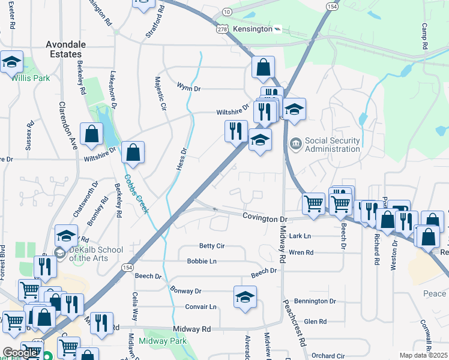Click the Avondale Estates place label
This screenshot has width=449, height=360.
point(66,49)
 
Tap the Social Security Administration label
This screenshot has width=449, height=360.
point(333,145)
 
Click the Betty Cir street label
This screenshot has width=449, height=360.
point(212,246)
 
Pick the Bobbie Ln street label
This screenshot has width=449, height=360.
point(202,262)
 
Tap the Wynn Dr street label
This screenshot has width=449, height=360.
point(188,88)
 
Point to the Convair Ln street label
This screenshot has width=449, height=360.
point(200,307)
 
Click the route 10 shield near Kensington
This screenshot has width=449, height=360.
point(226,12)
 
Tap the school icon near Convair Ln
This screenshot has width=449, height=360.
point(244,297)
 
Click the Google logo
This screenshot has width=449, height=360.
point(20,353)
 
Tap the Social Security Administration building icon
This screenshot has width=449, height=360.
point(295,144)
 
